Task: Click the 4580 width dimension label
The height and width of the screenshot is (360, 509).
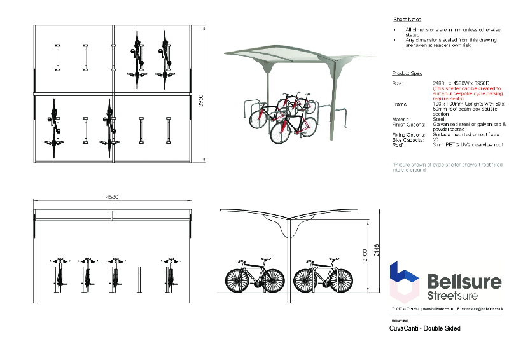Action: click(111, 197)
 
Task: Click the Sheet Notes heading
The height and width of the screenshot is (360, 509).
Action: click(407, 20)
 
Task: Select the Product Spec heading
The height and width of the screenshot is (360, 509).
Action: click(407, 74)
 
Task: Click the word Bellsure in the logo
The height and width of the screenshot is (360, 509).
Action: click(464, 281)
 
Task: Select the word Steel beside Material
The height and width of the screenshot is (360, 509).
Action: click(438, 119)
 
